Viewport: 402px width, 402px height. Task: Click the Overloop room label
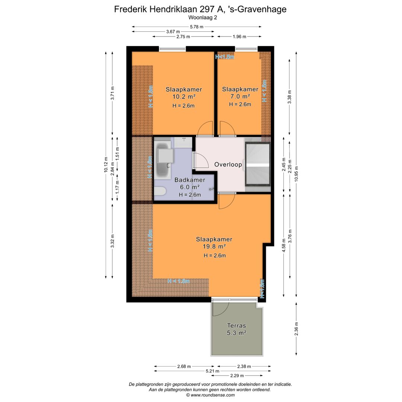click(x=228, y=164)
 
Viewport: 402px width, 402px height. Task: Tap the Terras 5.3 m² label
click(x=237, y=329)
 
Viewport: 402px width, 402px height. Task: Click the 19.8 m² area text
click(x=214, y=246)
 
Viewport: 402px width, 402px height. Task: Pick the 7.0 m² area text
click(x=240, y=96)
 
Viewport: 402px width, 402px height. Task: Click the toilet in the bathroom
click(x=160, y=192)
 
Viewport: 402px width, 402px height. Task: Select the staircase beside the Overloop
click(x=257, y=164)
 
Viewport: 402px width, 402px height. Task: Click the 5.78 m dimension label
click(x=197, y=27)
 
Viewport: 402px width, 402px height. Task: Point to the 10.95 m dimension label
click(x=296, y=173)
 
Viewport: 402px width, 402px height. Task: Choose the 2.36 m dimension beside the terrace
click(x=296, y=329)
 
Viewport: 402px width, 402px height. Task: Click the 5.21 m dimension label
click(x=212, y=371)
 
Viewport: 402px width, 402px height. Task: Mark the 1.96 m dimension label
click(x=239, y=36)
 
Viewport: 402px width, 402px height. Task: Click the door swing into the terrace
click(x=220, y=308)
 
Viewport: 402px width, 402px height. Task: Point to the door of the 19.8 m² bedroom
click(x=226, y=201)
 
